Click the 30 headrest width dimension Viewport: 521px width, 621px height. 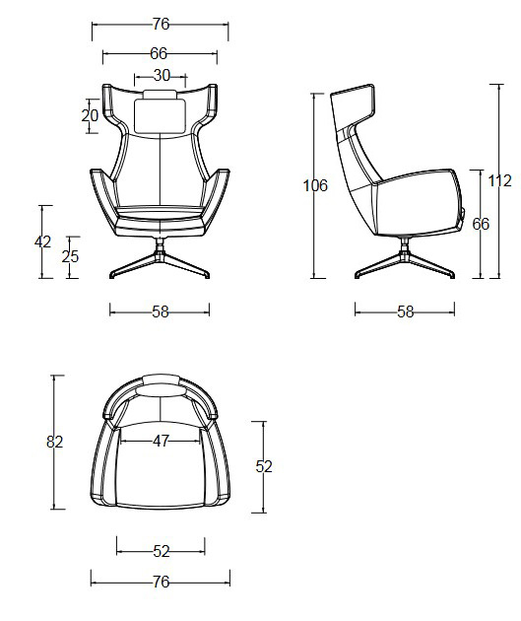click(162, 75)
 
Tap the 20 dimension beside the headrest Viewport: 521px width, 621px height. click(90, 115)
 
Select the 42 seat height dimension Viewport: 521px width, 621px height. click(42, 241)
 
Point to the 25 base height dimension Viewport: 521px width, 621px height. click(70, 256)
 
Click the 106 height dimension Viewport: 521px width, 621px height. click(315, 185)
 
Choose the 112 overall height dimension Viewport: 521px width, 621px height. click(499, 180)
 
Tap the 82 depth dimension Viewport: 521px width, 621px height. click(55, 442)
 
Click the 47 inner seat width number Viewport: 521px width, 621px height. click(162, 442)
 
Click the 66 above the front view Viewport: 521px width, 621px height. click(159, 53)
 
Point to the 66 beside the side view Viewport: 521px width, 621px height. click(481, 224)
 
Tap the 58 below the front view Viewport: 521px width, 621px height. click(161, 311)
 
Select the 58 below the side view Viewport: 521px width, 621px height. click(405, 311)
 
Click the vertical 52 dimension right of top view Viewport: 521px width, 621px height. click(264, 466)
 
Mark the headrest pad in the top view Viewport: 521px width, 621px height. click(161, 380)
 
